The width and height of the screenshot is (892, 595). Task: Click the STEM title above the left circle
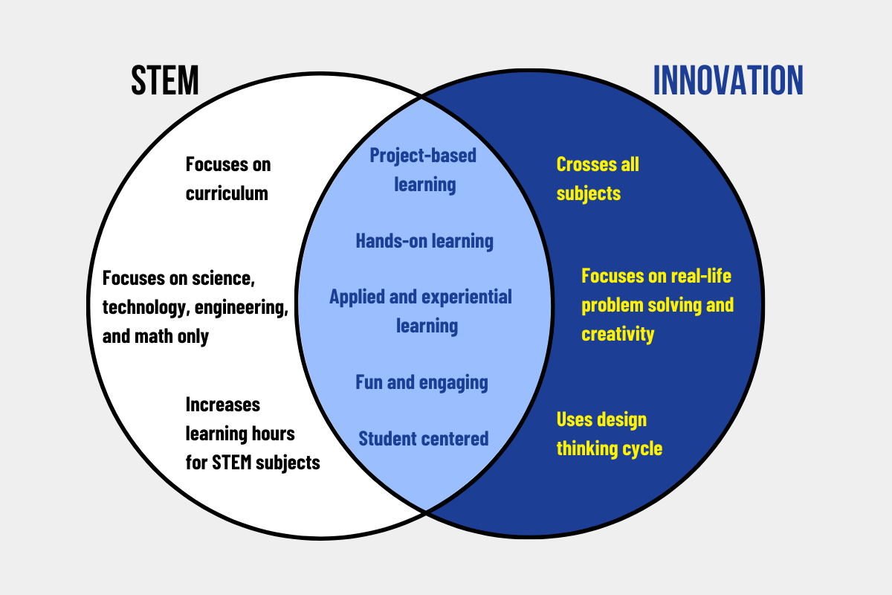pyautogui.click(x=165, y=80)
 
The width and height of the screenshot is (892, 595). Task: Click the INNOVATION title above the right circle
pyautogui.click(x=728, y=80)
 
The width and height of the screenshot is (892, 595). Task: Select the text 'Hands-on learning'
pyautogui.click(x=424, y=241)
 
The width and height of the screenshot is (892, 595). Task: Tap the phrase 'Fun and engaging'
pyautogui.click(x=421, y=382)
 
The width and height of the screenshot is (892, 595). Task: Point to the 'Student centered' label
pyautogui.click(x=424, y=439)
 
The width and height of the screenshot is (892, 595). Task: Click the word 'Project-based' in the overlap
pyautogui.click(x=423, y=155)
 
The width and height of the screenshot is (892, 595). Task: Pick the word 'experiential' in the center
pyautogui.click(x=468, y=297)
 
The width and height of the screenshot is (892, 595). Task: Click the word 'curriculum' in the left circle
pyautogui.click(x=227, y=193)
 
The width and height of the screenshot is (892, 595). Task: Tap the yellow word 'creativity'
pyautogui.click(x=618, y=334)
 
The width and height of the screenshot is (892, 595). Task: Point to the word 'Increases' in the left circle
pyautogui.click(x=223, y=405)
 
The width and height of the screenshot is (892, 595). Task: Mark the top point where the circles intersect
pyautogui.click(x=423, y=95)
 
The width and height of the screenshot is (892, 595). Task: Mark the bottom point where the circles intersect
pyautogui.click(x=425, y=512)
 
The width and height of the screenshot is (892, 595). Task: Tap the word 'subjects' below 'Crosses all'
pyautogui.click(x=588, y=193)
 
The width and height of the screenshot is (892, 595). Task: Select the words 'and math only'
pyautogui.click(x=156, y=336)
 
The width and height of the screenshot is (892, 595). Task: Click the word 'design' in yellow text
pyautogui.click(x=623, y=419)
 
